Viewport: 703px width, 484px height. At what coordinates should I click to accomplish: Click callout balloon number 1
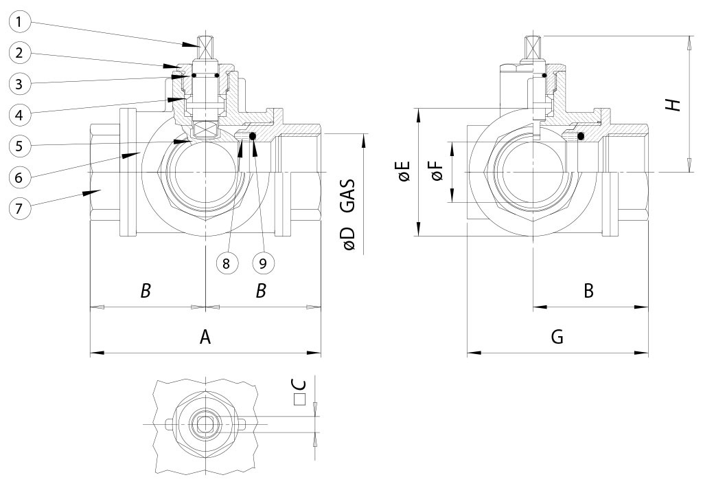(x=20, y=22)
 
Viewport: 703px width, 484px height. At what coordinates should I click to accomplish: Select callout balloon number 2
(x=20, y=53)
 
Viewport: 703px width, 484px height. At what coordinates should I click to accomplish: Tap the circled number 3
(x=20, y=84)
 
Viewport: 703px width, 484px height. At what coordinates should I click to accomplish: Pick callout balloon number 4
(x=20, y=114)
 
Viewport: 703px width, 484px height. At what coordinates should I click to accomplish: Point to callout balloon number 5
(x=20, y=146)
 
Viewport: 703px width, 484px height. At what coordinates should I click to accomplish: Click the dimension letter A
(x=205, y=337)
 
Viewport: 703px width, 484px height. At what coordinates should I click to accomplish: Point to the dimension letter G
(x=557, y=337)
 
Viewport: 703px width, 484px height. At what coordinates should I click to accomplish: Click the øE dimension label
(x=403, y=172)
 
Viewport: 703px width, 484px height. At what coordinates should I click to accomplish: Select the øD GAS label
(x=349, y=214)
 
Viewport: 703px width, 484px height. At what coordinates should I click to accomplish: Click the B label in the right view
(x=588, y=291)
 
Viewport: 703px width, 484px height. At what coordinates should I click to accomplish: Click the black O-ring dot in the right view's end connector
(x=581, y=136)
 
